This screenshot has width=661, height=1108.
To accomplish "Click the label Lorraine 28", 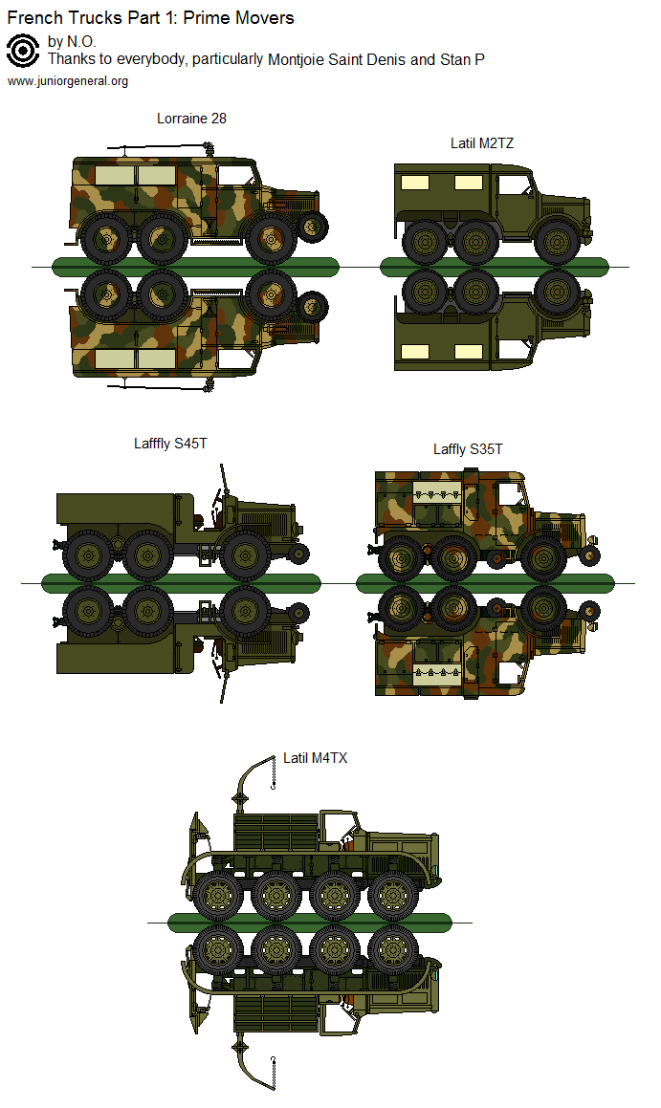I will [191, 119].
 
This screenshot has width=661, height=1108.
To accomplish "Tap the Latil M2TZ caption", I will [483, 143].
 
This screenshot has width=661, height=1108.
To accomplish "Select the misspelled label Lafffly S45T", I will [170, 444].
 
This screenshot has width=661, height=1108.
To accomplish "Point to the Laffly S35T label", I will [468, 449].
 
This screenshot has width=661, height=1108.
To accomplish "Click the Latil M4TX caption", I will [315, 758].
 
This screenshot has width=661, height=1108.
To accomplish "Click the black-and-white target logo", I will [22, 51].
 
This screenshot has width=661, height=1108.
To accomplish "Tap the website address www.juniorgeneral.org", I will [68, 81].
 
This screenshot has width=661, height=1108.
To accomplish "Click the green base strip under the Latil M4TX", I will [309, 923].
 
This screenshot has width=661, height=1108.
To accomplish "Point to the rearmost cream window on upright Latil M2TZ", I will [413, 183].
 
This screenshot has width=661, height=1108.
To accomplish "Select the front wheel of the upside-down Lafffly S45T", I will [245, 608].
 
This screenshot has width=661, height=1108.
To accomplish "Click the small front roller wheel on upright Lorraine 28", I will [312, 228].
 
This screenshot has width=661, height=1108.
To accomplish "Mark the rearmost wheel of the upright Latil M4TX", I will [216, 895].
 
